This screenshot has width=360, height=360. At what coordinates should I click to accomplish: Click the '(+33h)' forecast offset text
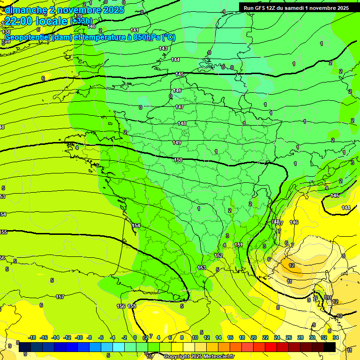point(81,21)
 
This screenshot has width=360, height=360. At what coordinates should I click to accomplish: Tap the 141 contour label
point(135,30)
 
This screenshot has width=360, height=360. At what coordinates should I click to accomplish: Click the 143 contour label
point(163,48)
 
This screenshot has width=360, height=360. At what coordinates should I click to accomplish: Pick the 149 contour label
point(177,142)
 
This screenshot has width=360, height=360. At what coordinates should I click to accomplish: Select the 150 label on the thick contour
point(178,160)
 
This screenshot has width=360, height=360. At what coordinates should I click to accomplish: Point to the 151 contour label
point(239,245)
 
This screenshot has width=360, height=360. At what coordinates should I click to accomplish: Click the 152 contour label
point(218,255)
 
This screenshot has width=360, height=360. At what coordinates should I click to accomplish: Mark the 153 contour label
point(202,268)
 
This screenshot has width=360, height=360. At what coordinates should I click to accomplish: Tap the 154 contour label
point(136,225)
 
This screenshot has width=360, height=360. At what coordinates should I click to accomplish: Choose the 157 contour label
point(60,297)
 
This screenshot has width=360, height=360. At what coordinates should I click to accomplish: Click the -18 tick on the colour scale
point(32,337)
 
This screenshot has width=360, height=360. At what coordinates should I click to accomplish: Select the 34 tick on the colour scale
point(335,337)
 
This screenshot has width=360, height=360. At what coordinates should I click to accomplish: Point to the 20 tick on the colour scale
point(254,337)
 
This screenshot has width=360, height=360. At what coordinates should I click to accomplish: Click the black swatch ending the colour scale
point(330,347)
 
